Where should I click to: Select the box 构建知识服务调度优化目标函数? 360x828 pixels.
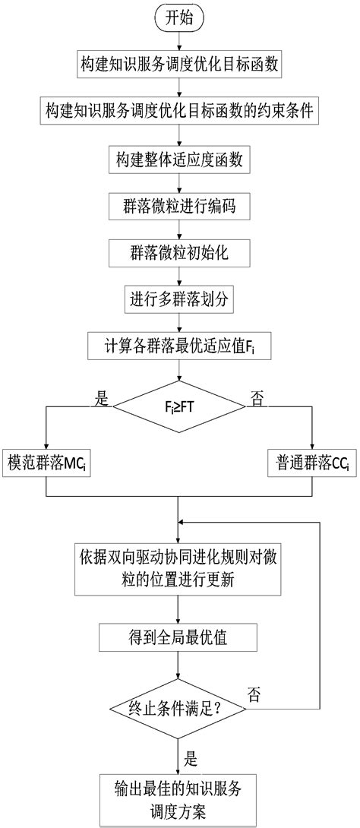(178, 65)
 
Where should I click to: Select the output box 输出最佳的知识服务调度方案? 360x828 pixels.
(178, 798)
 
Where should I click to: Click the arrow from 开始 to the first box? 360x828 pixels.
(178, 42)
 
